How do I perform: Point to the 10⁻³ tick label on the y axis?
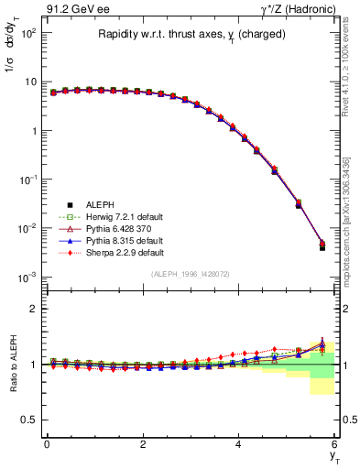[x=27, y=276]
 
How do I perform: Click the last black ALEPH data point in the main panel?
[x=322, y=247]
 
